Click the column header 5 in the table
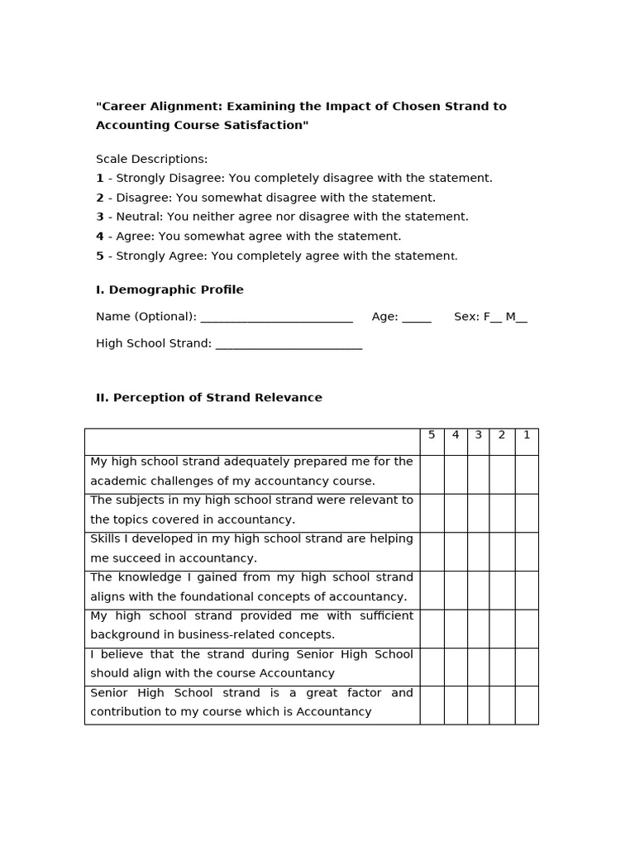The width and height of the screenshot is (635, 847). [432, 435]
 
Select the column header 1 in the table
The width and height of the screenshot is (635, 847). [527, 435]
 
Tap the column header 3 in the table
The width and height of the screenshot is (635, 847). [478, 435]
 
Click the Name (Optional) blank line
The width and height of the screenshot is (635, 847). [276, 318]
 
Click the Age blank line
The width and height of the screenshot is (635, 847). [417, 318]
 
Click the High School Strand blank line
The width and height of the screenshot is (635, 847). [289, 344]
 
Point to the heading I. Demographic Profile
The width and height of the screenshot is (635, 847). [169, 290]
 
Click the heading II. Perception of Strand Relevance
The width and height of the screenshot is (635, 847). [209, 398]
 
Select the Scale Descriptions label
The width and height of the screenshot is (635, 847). [151, 159]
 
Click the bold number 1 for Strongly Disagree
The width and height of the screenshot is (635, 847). [100, 178]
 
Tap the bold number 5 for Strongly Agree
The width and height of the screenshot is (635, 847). [100, 256]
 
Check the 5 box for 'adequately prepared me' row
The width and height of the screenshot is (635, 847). [432, 474]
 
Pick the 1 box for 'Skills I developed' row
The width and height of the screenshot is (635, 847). [527, 551]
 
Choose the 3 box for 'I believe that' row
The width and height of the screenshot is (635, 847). [478, 667]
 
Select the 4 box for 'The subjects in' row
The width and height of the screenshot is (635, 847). [456, 513]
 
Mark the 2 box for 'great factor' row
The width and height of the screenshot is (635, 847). [502, 705]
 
